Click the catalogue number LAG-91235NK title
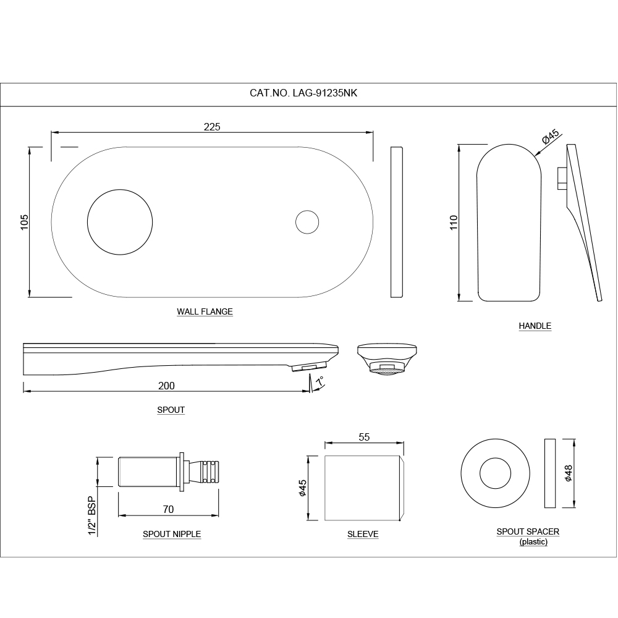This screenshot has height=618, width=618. pyautogui.click(x=303, y=94)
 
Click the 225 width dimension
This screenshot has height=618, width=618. pyautogui.click(x=212, y=127)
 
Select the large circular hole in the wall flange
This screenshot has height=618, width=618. pyautogui.click(x=120, y=221)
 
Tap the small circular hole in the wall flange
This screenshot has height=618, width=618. pyautogui.click(x=307, y=222)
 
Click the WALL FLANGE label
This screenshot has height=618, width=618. pyautogui.click(x=205, y=312)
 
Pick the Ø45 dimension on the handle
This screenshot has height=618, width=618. pyautogui.click(x=549, y=137)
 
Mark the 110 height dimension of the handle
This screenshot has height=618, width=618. pyautogui.click(x=454, y=222)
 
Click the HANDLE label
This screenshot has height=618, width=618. pyautogui.click(x=535, y=326)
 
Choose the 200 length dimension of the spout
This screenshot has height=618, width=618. pyautogui.click(x=166, y=386)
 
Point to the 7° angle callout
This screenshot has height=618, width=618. pyautogui.click(x=320, y=383)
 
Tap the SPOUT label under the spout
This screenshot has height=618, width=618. pyautogui.click(x=171, y=410)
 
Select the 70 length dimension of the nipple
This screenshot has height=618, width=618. pyautogui.click(x=168, y=509)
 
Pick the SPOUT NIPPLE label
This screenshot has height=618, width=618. pyautogui.click(x=172, y=534)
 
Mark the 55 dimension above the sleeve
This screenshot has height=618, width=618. pyautogui.click(x=364, y=437)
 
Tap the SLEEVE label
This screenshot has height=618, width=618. pyautogui.click(x=363, y=534)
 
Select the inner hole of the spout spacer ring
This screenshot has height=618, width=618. pyautogui.click(x=496, y=474)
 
